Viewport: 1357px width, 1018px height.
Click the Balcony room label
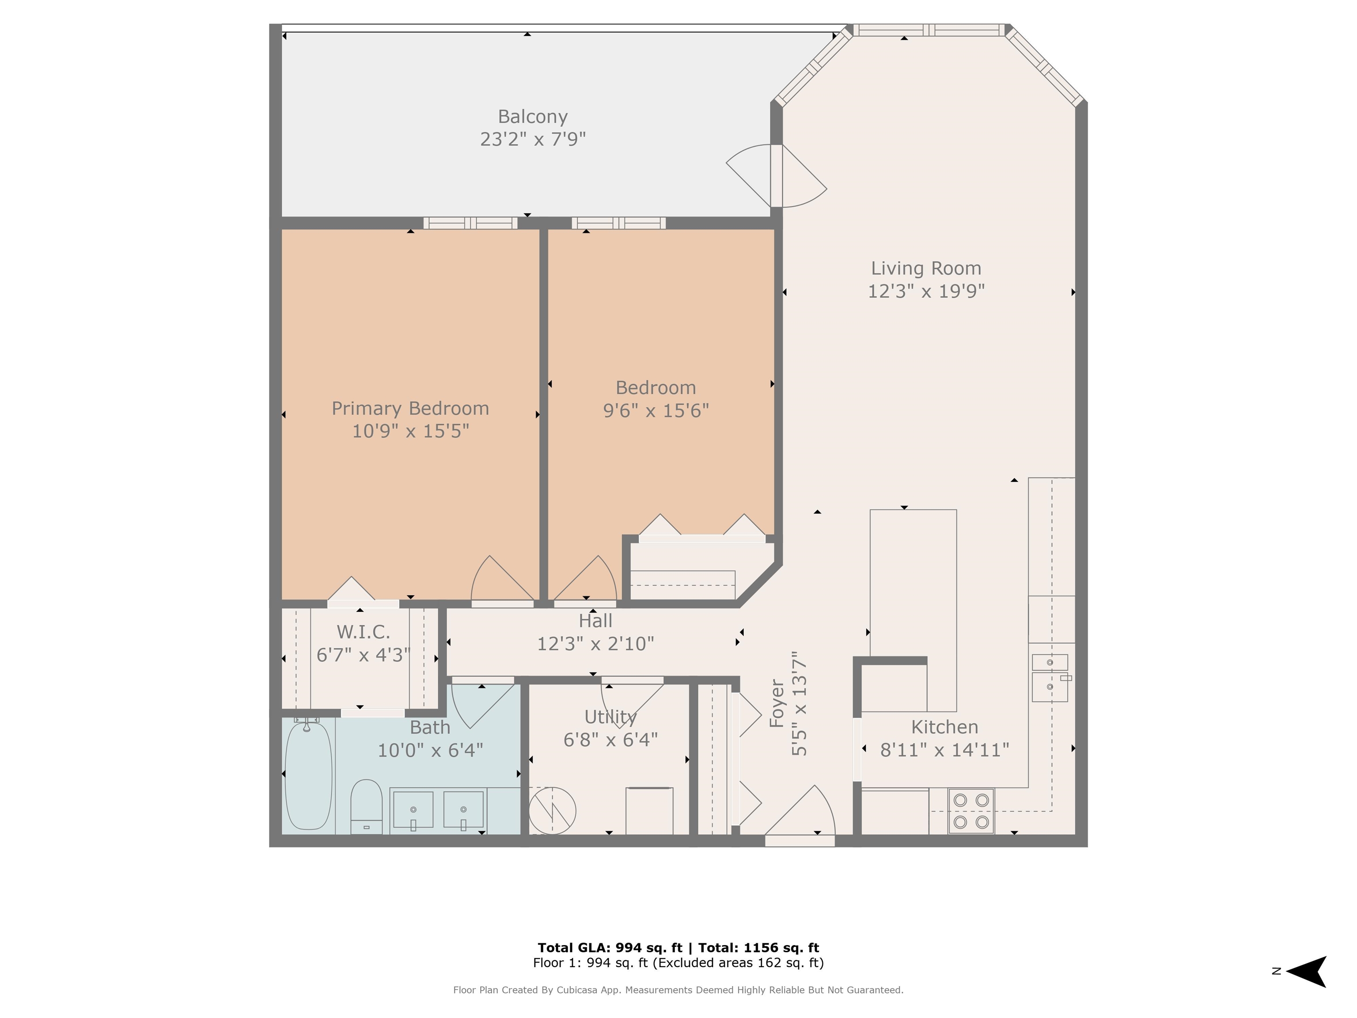(532, 117)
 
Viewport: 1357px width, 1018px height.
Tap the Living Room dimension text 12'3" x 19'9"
(926, 291)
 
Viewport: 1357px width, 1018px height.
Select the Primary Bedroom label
(410, 409)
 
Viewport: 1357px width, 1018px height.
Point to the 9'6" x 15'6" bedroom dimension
(656, 410)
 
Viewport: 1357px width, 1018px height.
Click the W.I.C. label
(363, 631)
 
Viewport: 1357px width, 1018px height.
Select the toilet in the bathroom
(366, 806)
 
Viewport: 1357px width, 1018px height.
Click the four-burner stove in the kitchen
(971, 811)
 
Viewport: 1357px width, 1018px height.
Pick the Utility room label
(610, 717)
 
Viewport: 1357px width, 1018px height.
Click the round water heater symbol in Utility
(552, 811)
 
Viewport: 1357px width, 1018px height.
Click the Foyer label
(777, 703)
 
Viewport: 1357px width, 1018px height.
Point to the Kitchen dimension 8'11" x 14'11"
(945, 750)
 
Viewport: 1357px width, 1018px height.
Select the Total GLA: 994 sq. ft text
(610, 948)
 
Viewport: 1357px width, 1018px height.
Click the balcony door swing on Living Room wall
(777, 175)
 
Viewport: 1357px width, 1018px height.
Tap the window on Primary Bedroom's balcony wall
(470, 224)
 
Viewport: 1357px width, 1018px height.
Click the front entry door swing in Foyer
(800, 811)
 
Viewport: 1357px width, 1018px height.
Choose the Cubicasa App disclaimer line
(678, 990)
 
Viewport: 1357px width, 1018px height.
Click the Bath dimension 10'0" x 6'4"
(430, 750)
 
